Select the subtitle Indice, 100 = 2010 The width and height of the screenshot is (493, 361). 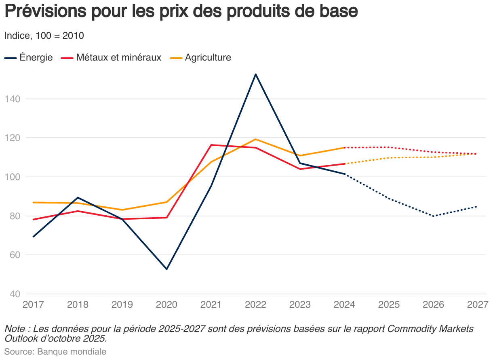[x=44, y=36]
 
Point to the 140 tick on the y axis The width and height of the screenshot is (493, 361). [x=12, y=99]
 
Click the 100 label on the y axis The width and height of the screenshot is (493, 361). [x=12, y=177]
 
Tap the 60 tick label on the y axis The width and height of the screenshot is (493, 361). [x=14, y=255]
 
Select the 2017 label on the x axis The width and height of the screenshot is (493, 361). [x=33, y=304]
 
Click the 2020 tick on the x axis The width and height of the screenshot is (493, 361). [x=166, y=304]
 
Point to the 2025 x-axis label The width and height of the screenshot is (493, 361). [x=389, y=304]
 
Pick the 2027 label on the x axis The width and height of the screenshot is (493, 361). [x=478, y=304]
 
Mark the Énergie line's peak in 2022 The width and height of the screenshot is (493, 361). [x=255, y=74]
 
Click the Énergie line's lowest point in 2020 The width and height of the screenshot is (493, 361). [x=166, y=269]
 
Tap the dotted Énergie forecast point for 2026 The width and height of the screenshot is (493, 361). [x=434, y=216]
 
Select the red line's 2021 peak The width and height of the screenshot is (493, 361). [x=211, y=145]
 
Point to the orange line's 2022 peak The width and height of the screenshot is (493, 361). [x=255, y=139]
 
